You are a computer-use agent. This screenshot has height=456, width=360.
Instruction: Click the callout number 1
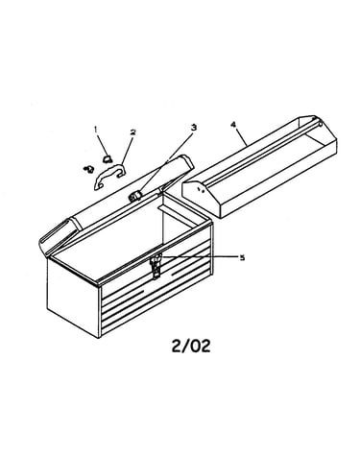pos(95,129)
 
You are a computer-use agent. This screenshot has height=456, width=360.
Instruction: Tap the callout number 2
pos(132,132)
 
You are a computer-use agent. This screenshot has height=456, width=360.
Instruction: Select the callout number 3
pos(193,128)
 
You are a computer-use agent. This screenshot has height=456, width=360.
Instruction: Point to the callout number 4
pos(233,125)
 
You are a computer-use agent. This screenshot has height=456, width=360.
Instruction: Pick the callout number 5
pos(242,257)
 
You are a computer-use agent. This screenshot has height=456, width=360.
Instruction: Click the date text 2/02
pos(191,346)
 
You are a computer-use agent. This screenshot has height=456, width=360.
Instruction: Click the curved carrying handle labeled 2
pos(109,176)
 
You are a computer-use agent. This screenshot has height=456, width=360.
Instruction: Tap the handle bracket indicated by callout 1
pos(108,157)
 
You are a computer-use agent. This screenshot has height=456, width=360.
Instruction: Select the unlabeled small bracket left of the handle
pos(88,169)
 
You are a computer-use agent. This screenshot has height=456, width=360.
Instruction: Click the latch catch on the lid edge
pos(134,196)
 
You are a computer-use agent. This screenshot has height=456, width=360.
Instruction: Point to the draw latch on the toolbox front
pos(156,265)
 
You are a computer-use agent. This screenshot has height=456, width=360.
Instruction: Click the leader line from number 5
pos(200,256)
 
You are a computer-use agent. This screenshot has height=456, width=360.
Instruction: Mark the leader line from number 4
pos(242,137)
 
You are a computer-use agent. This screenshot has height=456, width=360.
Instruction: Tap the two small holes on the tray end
pos(201,190)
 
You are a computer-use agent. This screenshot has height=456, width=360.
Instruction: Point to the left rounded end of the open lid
pos(57,236)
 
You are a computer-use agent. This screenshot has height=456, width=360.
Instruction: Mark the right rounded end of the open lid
pos(181,168)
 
